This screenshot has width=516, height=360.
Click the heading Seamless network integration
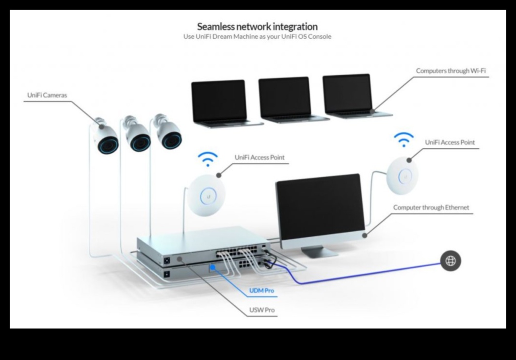coord(257,26)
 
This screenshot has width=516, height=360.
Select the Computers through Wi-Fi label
coord(451,71)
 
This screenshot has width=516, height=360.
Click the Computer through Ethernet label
coord(431,207)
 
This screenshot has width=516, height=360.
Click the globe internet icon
coord(451,261)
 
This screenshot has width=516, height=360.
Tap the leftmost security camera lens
coord(108,144)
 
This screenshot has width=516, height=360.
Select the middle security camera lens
coord(139,141)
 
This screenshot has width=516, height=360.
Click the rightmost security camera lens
coord(171,139)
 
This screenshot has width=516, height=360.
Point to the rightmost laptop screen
coord(347,94)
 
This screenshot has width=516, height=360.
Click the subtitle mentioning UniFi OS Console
coord(257,37)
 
